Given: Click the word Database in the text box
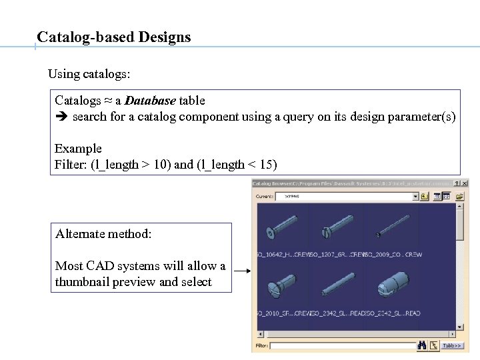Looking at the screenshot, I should pos(150,101).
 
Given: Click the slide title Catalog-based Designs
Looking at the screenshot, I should pos(114,37).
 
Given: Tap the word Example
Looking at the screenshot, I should pos(78,149).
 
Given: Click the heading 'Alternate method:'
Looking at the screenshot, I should pos(103,234).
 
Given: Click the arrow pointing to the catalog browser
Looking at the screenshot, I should pos(241,271).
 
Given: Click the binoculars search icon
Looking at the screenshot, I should pos(421,345).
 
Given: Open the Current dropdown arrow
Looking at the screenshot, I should pos(415,197).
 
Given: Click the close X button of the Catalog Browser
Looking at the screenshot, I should pos(464,183).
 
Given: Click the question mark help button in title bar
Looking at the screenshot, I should pos(457,183).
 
